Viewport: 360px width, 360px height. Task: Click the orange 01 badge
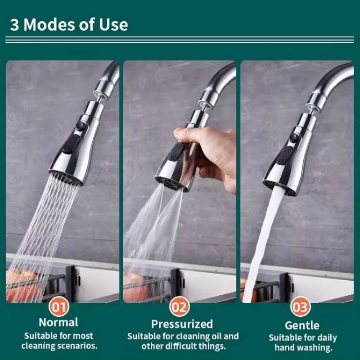(59, 307)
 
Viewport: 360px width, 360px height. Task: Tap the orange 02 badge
(180, 307)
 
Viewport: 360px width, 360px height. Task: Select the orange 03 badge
(300, 307)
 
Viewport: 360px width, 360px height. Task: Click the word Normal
(58, 322)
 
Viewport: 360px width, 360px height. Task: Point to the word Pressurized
(182, 324)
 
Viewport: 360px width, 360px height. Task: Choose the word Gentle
(302, 325)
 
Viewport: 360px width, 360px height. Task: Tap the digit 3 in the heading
(14, 25)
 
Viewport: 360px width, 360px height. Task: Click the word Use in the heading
(113, 25)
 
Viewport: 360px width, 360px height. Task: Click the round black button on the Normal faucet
(81, 126)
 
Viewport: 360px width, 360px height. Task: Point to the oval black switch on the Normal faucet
(71, 144)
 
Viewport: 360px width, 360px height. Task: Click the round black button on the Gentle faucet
(294, 138)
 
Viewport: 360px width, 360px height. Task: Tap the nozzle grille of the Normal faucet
(65, 177)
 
